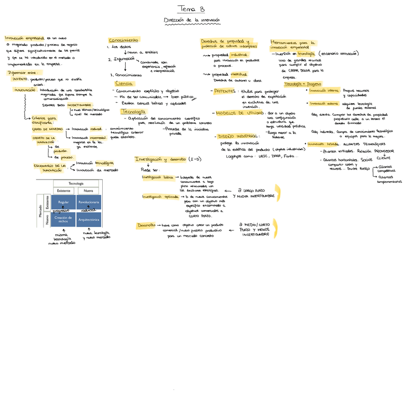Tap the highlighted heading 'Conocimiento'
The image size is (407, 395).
tap(123, 40)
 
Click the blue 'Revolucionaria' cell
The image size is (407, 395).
tap(88, 202)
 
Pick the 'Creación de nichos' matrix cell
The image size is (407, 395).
tap(61, 219)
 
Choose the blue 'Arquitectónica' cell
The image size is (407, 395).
tap(88, 219)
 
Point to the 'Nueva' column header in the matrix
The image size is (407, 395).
tap(88, 191)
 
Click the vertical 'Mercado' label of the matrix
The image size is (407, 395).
tap(40, 211)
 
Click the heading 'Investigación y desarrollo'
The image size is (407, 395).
tap(160, 159)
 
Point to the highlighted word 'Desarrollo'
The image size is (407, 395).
tap(146, 225)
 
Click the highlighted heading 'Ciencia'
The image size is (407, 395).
tap(124, 84)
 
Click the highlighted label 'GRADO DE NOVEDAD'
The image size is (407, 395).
tap(47, 129)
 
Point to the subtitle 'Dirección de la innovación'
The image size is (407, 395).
tap(192, 20)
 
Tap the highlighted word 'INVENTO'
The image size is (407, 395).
tap(20, 79)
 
